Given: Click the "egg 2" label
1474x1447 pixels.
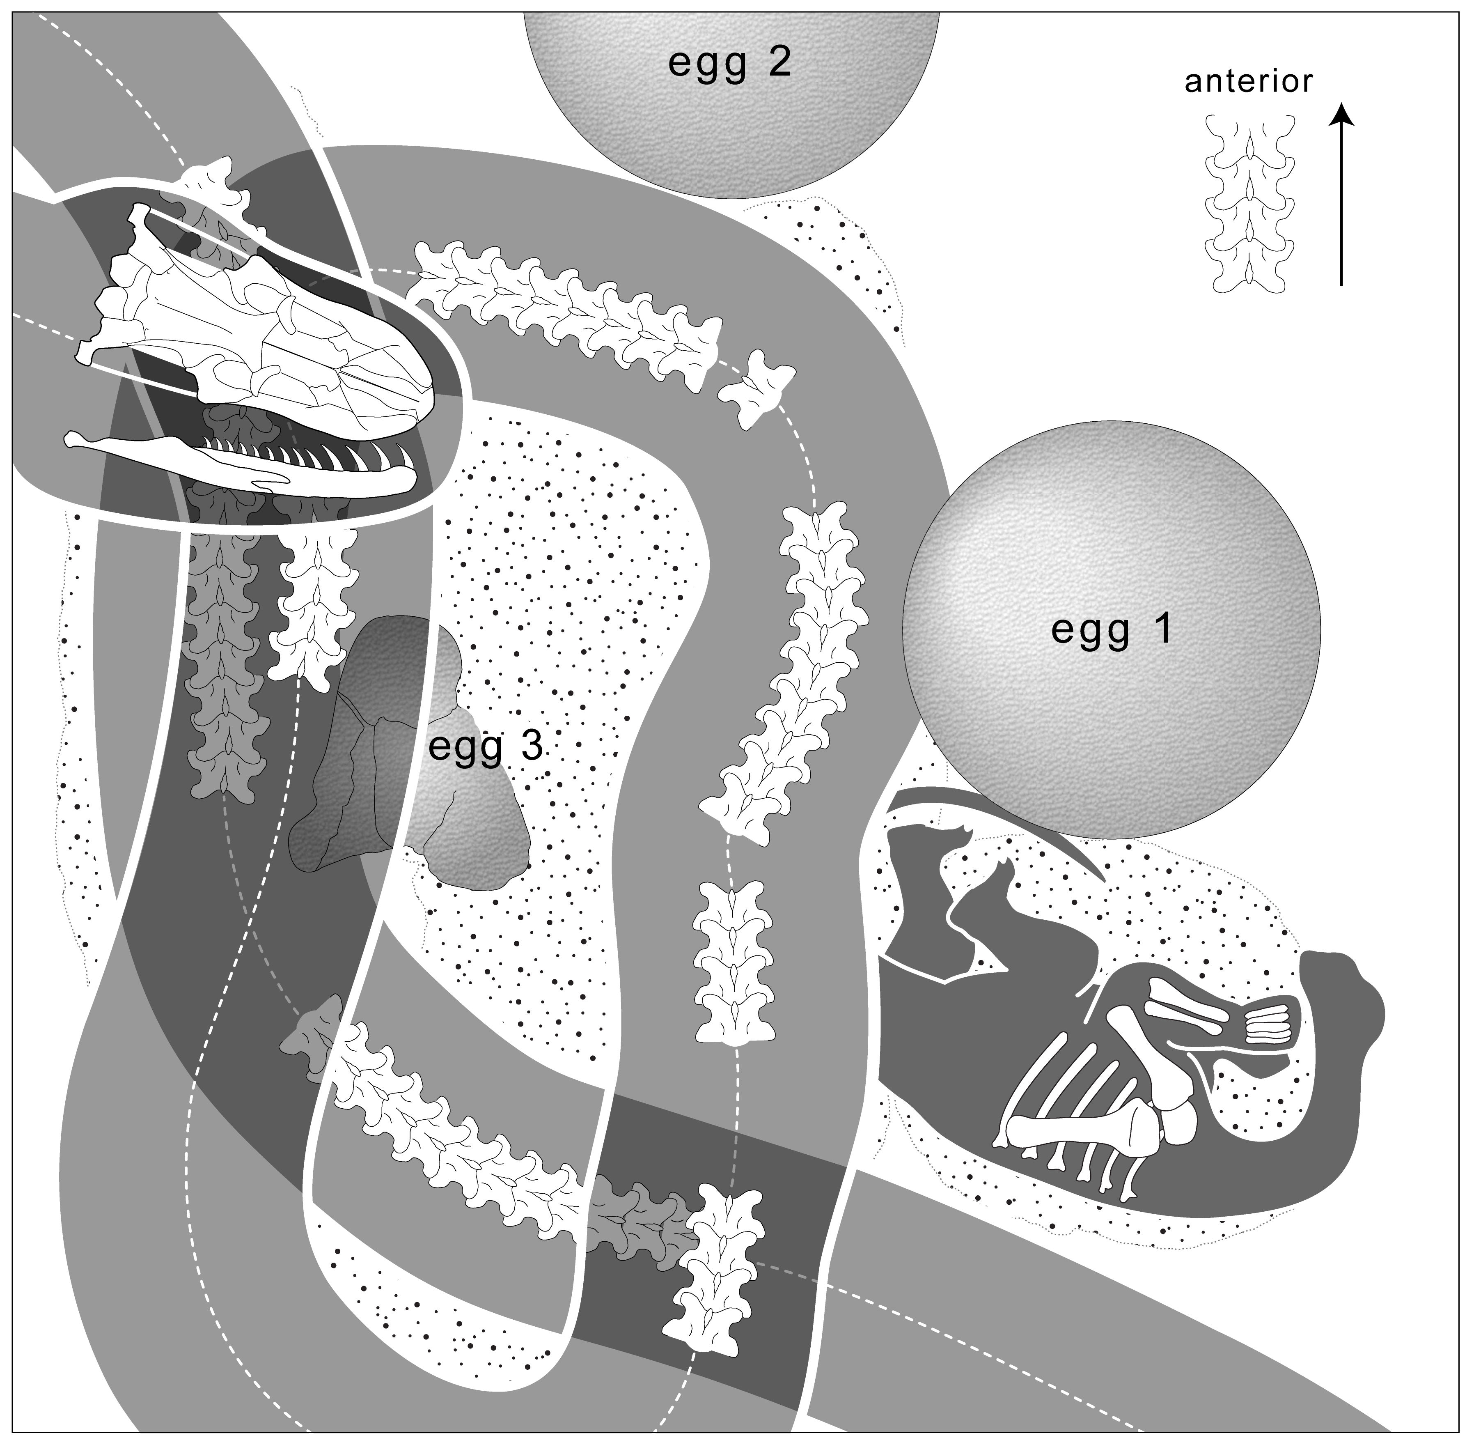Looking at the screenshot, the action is click(729, 63).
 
